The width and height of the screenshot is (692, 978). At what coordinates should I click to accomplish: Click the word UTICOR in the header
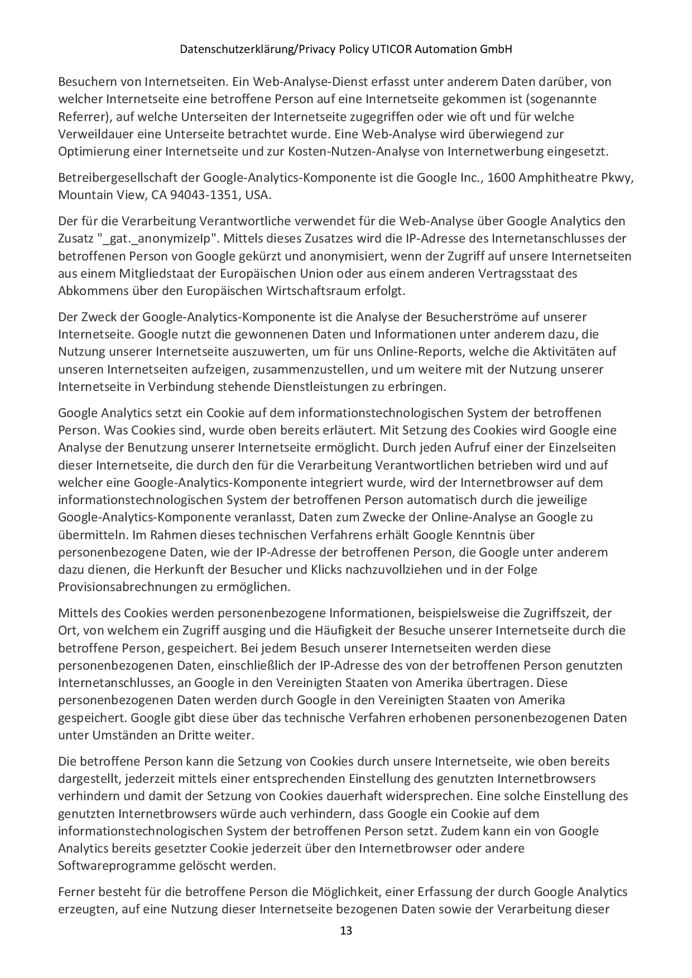point(391,50)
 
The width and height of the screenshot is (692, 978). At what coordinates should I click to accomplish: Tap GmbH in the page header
point(498,50)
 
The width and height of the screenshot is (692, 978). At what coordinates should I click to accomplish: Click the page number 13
point(346,931)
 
